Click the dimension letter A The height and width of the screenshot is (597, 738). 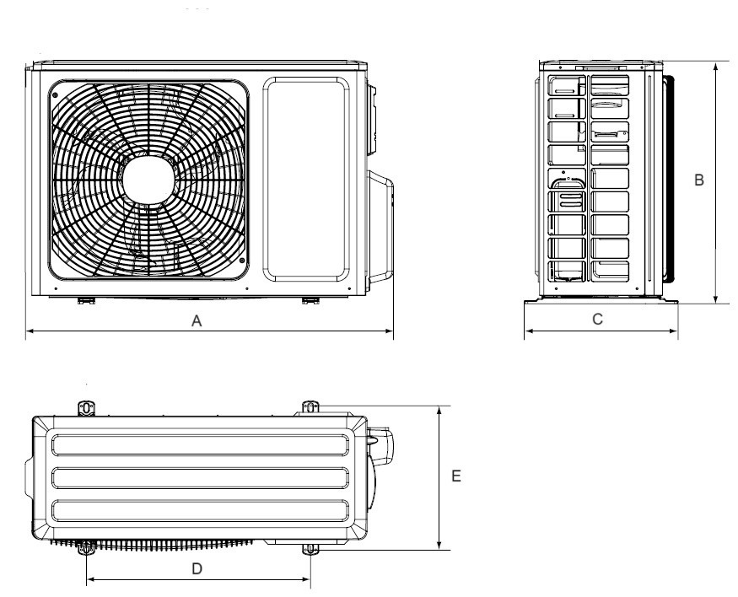coord(197,321)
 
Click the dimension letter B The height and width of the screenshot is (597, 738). coord(699,180)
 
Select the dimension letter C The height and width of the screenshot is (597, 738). coord(597,319)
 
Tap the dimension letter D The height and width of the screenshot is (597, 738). coord(197,569)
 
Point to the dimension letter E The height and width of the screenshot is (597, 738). coord(455,476)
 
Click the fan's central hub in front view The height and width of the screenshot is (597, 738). coord(148,180)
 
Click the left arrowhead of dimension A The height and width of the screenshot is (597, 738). coord(30,331)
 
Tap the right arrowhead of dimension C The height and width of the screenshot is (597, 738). coord(674,331)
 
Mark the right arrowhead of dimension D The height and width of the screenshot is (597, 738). coord(306,579)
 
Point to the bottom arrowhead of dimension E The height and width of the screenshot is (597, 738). coord(439,546)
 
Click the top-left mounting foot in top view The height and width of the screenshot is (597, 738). coord(86,408)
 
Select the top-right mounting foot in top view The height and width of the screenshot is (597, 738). coord(310,407)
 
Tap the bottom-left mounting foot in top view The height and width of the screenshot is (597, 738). coord(86,547)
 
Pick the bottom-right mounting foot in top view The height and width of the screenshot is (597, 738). coord(310,549)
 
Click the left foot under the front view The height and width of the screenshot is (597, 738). coord(86,301)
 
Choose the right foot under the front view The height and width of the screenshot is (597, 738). coord(310,301)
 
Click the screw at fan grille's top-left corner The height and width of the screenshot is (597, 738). coord(55,95)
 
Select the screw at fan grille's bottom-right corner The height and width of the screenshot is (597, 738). coord(241,261)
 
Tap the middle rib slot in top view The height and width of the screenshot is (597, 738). coord(200,478)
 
